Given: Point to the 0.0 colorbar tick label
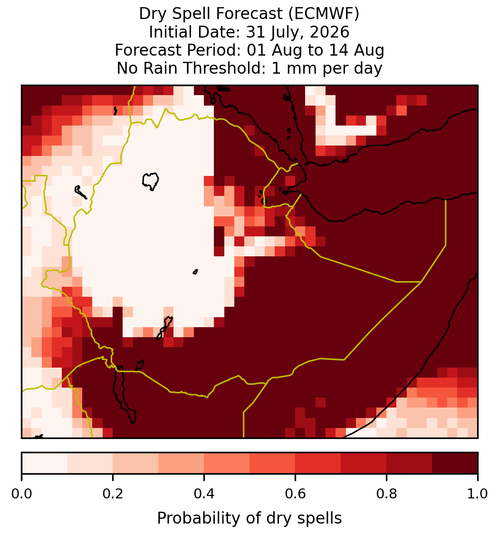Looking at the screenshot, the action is coord(21,494).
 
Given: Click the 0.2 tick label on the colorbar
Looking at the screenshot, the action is coord(113,494).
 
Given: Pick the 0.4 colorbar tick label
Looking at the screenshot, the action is coord(204,494).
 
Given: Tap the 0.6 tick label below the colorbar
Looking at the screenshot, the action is coord(296,494).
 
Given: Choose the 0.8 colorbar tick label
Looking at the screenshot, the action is coord(387,494).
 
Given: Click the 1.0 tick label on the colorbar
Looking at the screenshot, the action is coord(478,494).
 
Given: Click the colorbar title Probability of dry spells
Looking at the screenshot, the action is coord(249,518).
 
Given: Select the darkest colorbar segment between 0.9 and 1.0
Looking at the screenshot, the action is coord(455,463).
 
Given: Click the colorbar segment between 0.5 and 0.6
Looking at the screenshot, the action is coord(273,463).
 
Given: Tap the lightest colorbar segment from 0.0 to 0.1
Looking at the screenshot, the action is coord(45,463).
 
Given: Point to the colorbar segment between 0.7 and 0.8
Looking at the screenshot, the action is coord(364,463).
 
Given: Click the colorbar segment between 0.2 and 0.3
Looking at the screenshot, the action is coord(136,463).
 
